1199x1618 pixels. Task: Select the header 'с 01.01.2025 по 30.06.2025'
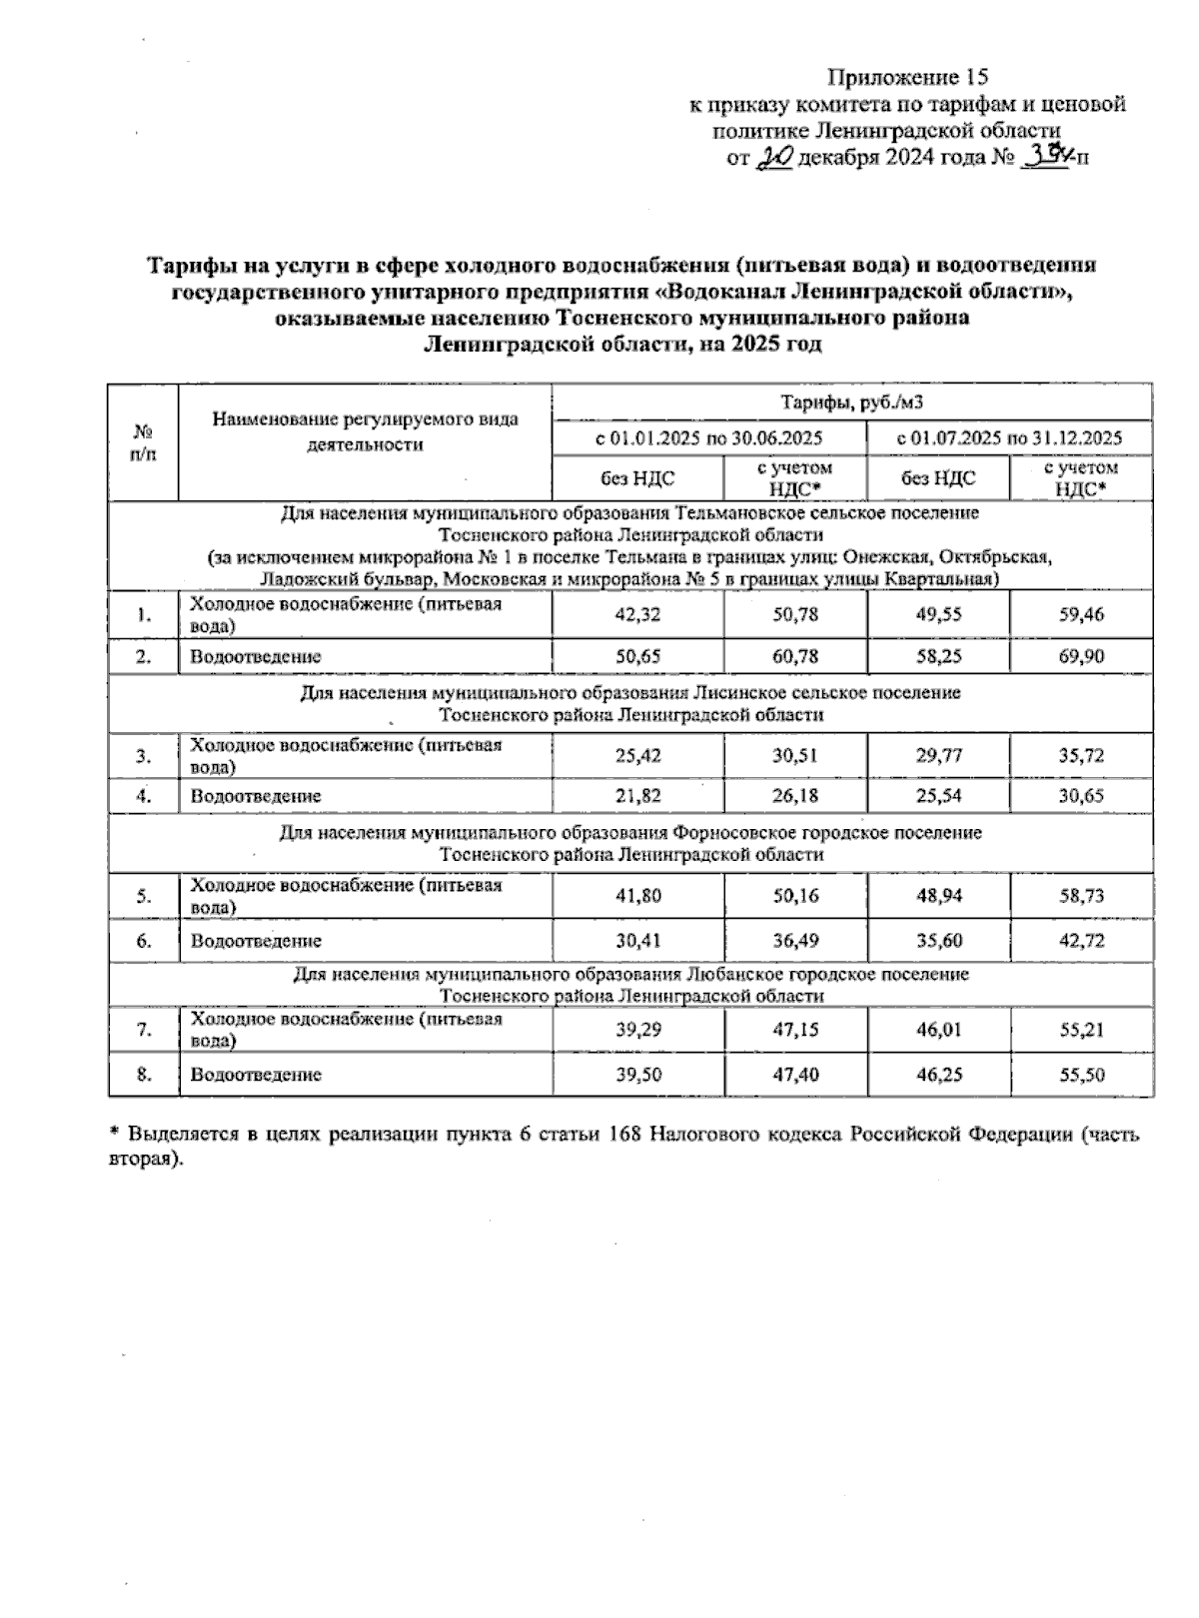coord(708,438)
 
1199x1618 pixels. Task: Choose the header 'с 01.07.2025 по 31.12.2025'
coord(1009,438)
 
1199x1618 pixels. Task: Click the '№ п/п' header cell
coord(143,442)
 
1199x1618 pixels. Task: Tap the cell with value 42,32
coord(637,615)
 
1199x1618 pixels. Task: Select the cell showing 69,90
coord(1081,656)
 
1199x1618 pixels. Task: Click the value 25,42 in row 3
coord(637,756)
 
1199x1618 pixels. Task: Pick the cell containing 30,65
coord(1081,796)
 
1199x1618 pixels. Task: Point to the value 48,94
coord(938,896)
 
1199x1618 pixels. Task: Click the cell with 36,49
coord(795,940)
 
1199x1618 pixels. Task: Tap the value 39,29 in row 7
coord(637,1030)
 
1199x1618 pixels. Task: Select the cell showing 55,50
coord(1081,1075)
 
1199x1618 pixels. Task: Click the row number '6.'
coord(144,940)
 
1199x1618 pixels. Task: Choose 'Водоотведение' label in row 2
coord(256,656)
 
